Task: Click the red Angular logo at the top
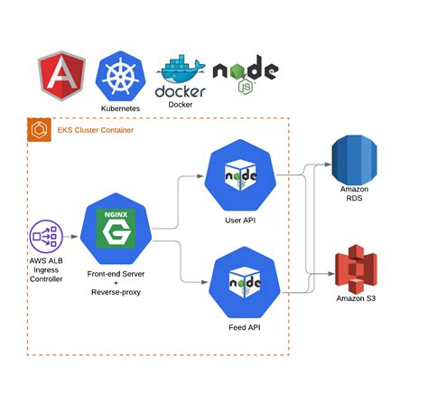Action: [60, 79]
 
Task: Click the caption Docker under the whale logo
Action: [181, 104]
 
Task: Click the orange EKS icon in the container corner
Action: [40, 131]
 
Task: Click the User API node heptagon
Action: [239, 176]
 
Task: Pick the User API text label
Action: [239, 221]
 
